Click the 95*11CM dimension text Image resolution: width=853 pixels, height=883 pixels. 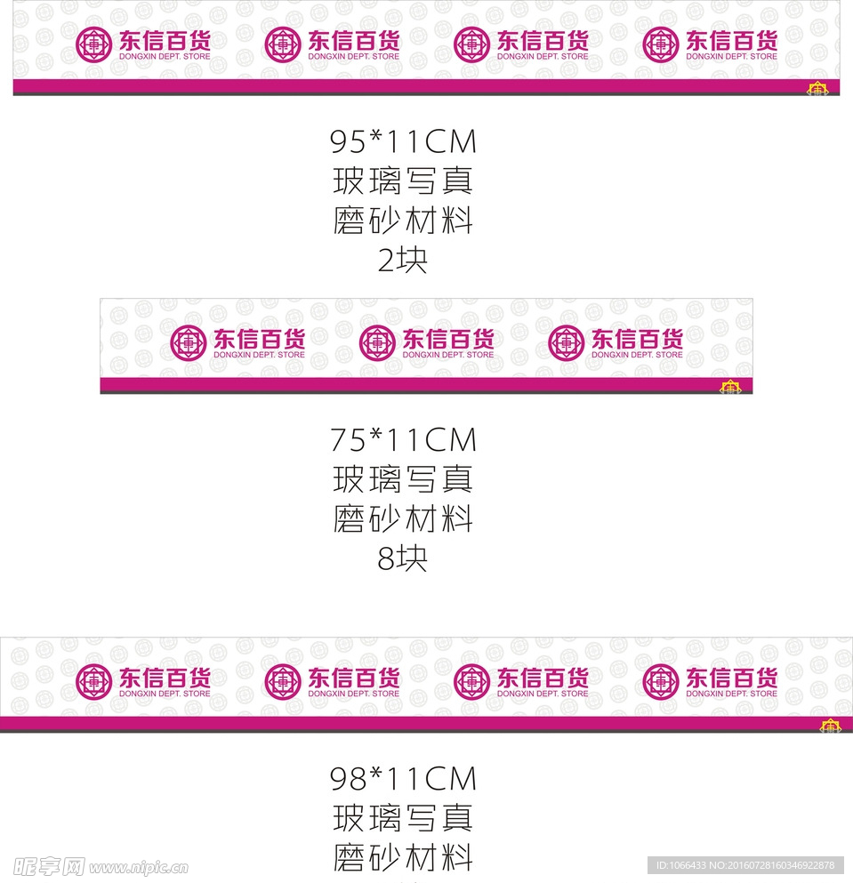403,141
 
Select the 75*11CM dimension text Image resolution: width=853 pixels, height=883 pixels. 403,439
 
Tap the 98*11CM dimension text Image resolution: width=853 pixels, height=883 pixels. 403,779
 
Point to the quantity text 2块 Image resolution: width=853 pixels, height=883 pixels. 403,261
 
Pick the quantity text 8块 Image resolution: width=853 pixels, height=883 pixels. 403,558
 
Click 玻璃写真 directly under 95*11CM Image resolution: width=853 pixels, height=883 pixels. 403,181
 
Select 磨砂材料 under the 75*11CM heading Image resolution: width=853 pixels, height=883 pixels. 403,518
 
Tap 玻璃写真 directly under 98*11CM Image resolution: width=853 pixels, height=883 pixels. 403,818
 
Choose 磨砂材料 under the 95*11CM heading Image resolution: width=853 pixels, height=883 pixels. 403,221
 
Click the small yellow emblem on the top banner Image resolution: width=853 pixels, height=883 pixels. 817,88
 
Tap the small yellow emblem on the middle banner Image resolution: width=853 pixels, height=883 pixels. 730,387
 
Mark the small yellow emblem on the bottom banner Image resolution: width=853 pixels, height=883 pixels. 830,726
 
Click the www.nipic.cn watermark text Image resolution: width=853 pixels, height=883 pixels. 138,867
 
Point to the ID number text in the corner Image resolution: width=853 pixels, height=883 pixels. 745,865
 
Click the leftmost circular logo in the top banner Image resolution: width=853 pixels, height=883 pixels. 93,44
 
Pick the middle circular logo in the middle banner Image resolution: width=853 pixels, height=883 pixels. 376,342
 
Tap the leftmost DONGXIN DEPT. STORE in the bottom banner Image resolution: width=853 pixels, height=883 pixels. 165,694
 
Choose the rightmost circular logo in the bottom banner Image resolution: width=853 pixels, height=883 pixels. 660,681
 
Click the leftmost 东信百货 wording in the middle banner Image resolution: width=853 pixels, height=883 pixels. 259,338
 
